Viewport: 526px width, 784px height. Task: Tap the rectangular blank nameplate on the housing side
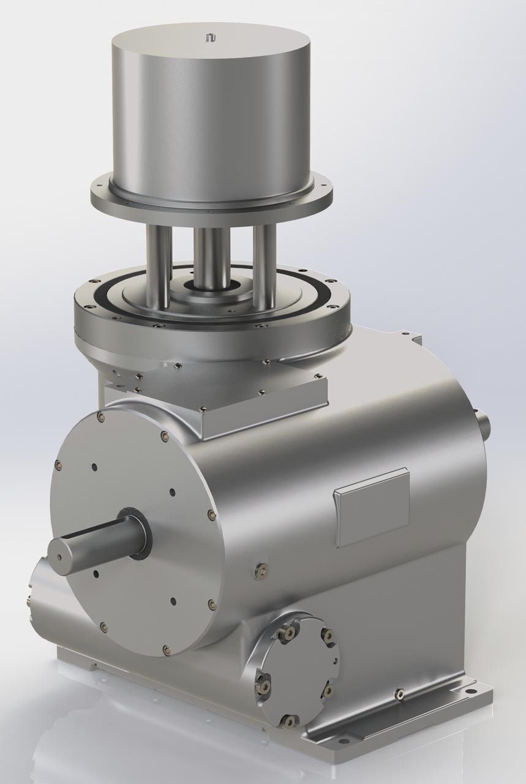pos(371,507)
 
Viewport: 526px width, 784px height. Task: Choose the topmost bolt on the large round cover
pos(100,417)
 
